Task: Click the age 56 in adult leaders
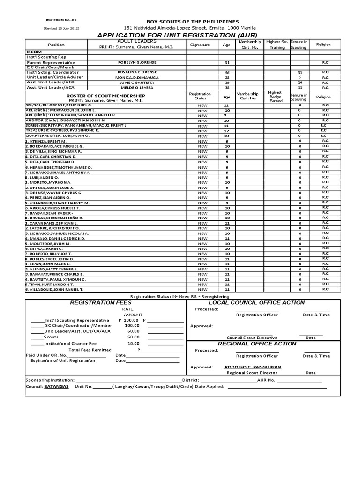tap(227, 72)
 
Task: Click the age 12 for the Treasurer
tap(227, 130)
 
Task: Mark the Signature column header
tap(200, 45)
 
